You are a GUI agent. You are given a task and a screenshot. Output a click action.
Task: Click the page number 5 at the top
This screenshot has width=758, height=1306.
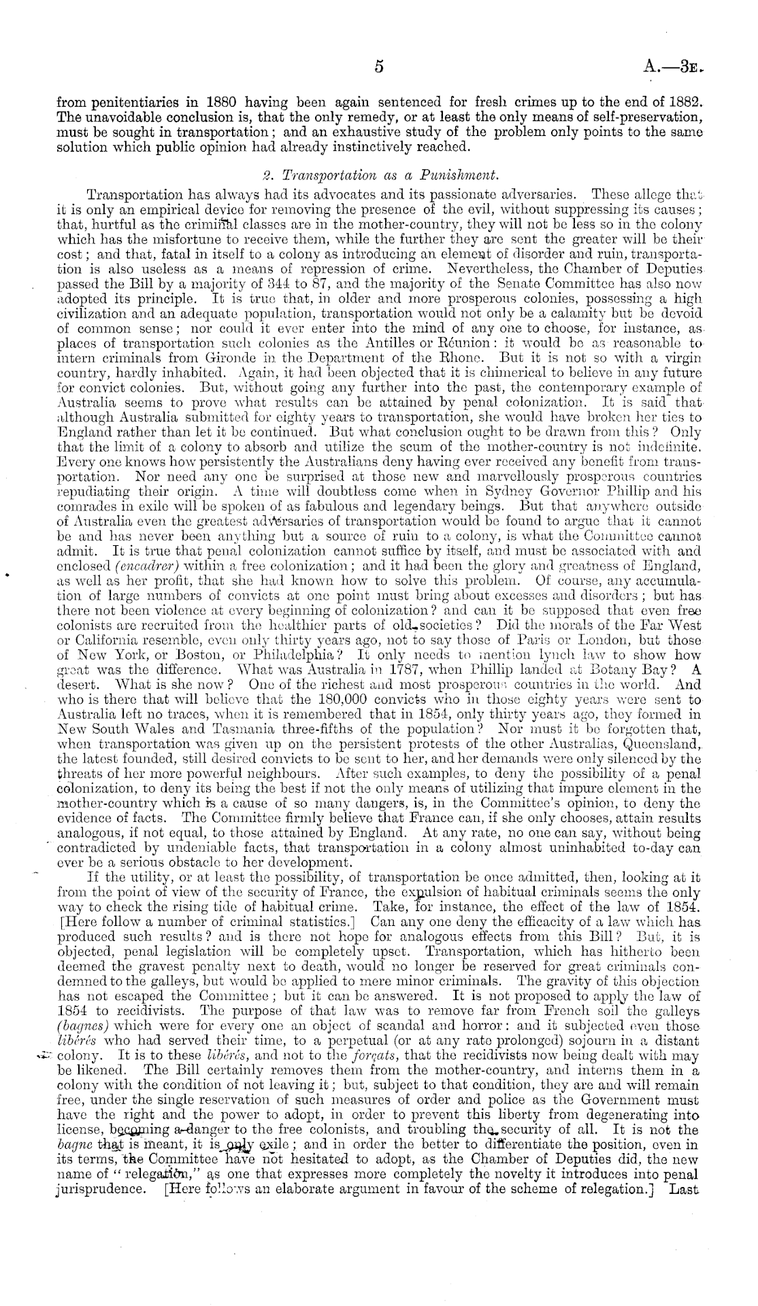[380, 67]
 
